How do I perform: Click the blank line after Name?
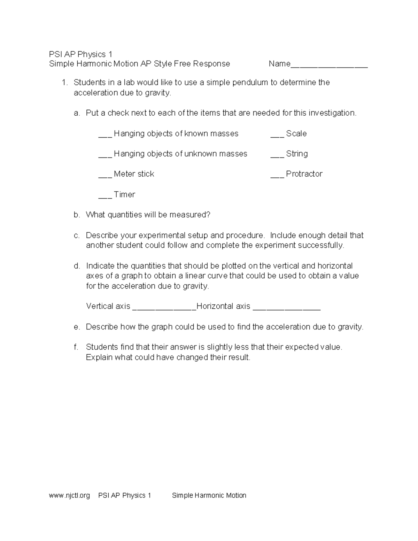point(329,65)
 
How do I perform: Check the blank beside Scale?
point(277,136)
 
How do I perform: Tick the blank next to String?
point(277,156)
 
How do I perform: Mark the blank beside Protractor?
point(277,176)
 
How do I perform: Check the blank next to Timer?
point(105,197)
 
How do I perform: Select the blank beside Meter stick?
point(105,176)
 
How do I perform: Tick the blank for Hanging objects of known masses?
point(105,136)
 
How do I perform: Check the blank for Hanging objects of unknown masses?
point(105,156)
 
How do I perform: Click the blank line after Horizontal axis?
point(286,308)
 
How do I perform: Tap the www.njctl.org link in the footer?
point(70,495)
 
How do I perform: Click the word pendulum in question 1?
point(250,83)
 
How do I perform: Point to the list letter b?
point(77,215)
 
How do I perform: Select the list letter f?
point(76,347)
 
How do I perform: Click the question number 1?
point(64,83)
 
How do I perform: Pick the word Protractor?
point(304,174)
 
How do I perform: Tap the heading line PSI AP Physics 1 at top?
point(81,54)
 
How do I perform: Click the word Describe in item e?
point(102,327)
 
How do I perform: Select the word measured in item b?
point(189,215)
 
